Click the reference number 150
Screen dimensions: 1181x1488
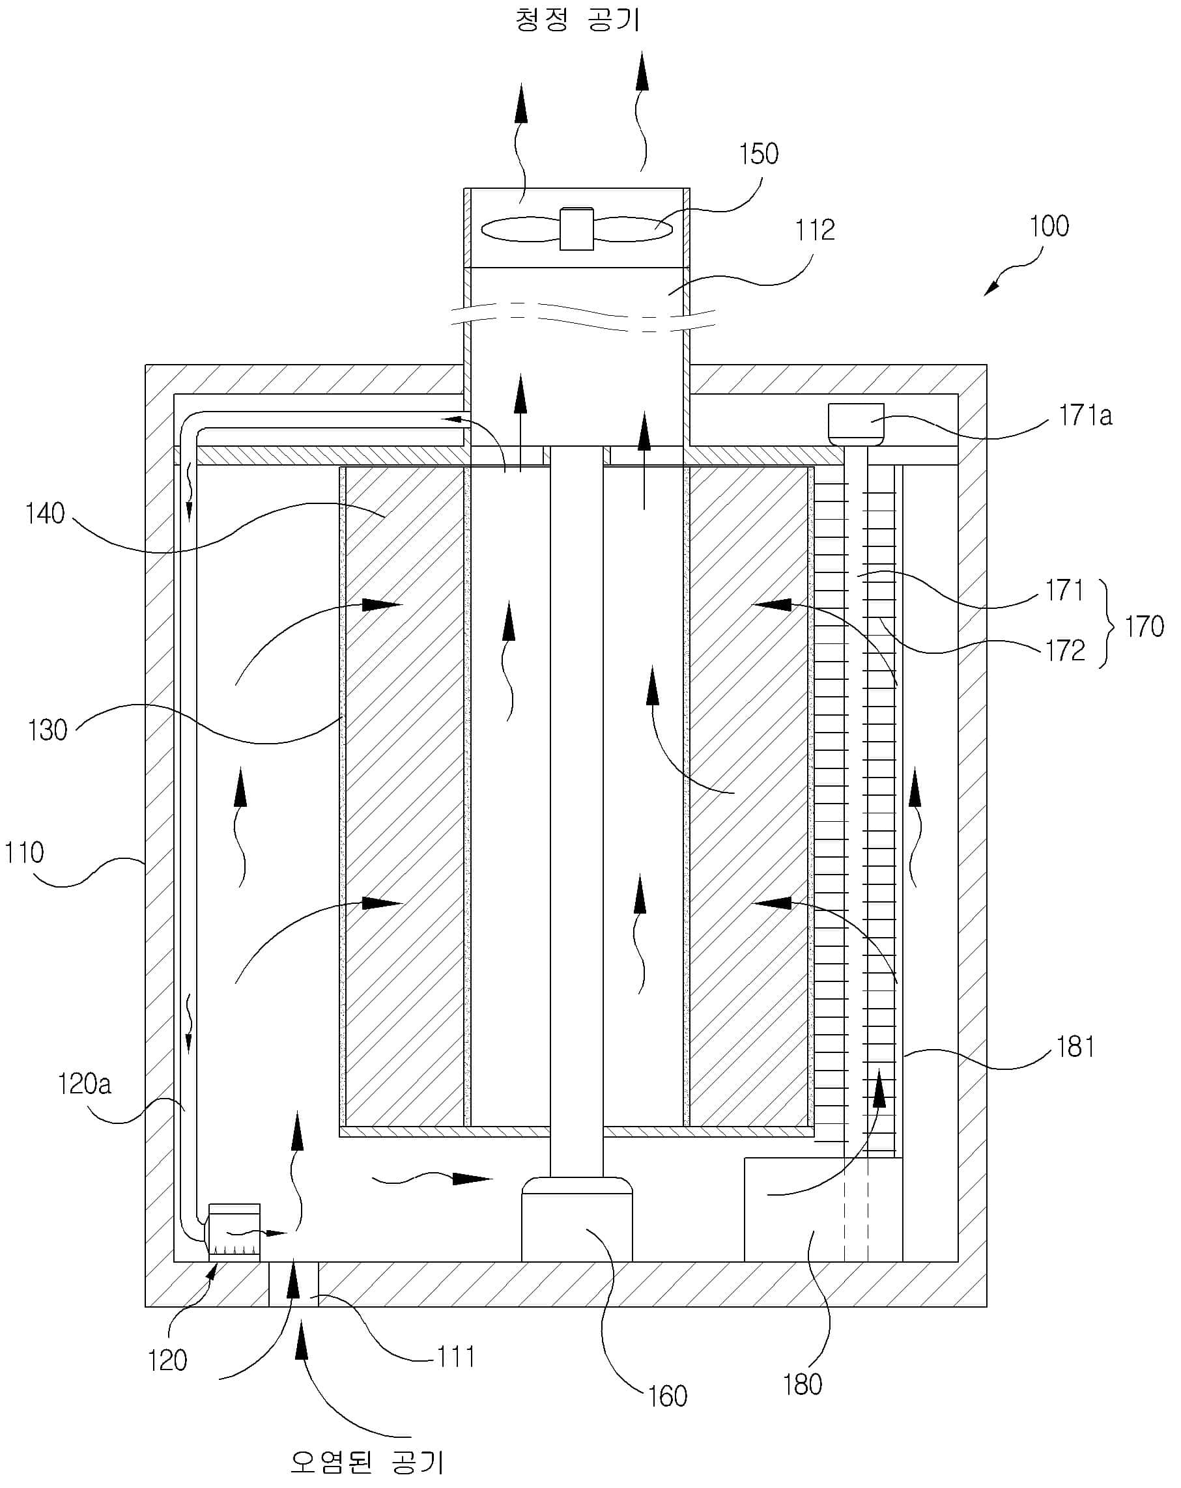[x=759, y=154]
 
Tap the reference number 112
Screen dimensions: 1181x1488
[x=814, y=230]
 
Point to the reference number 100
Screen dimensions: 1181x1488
[x=1049, y=227]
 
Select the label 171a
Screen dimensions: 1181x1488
[x=1086, y=416]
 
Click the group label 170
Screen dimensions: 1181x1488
[x=1145, y=626]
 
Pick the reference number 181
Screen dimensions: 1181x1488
[x=1075, y=1047]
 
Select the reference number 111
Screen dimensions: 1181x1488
[x=456, y=1358]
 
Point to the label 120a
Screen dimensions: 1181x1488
[x=84, y=1084]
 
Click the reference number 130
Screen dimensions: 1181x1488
[x=48, y=730]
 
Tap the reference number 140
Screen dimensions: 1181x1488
[x=45, y=514]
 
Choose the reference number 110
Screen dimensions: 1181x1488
[x=24, y=853]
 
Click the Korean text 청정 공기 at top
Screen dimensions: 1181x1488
[x=578, y=19]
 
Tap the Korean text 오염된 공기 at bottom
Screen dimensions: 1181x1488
[x=367, y=1462]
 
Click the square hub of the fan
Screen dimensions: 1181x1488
[x=576, y=229]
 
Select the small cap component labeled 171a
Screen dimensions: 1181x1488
[x=856, y=425]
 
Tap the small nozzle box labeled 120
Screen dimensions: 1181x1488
[x=234, y=1232]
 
